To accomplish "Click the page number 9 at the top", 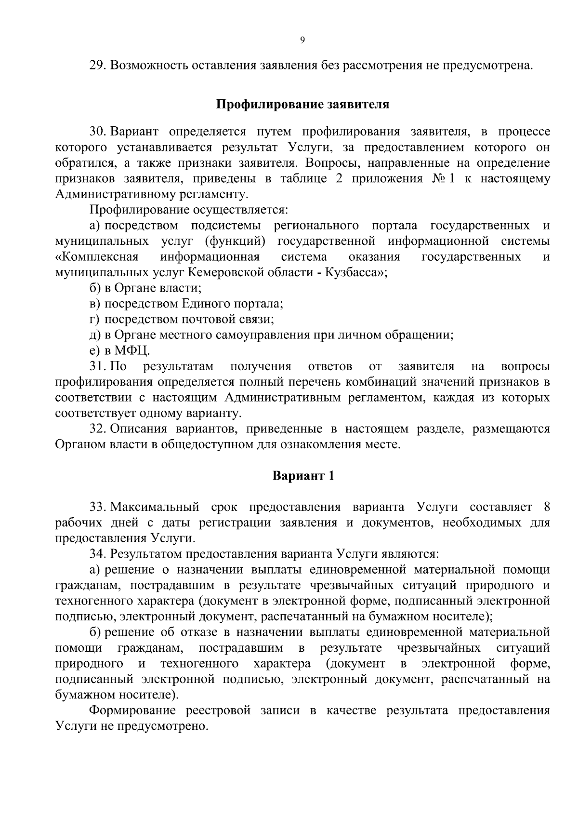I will pos(302,41).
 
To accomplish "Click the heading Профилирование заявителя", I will pos(302,105).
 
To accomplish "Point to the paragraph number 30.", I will pos(97,132).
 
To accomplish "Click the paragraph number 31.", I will pos(97,366).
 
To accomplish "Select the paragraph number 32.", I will pos(97,429).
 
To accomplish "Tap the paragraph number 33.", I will pos(97,508).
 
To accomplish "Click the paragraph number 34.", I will pos(97,554).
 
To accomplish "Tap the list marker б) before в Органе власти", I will pos(94,288).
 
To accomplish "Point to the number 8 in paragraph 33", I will pos(546,508).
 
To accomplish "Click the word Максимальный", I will pos(155,508).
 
